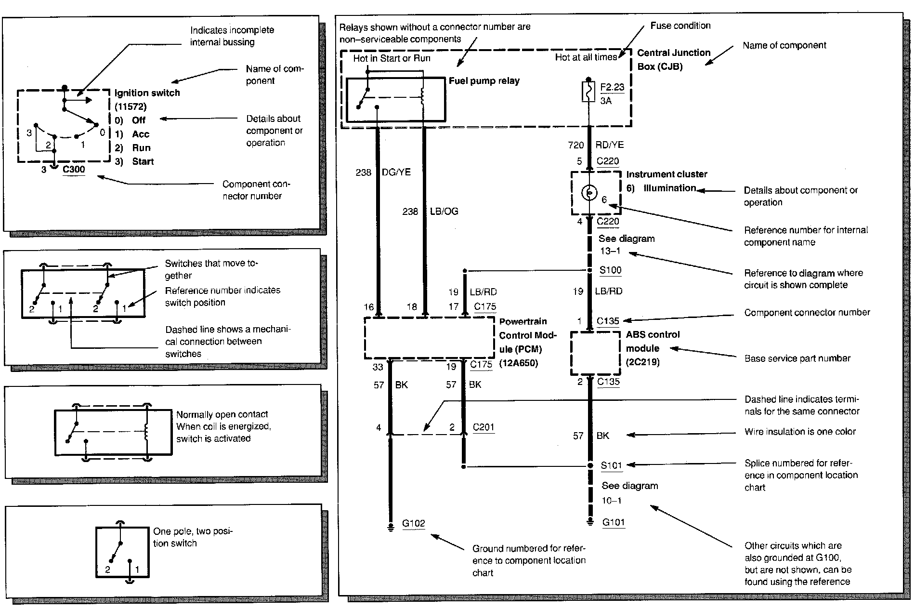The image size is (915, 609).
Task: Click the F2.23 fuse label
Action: pos(612,87)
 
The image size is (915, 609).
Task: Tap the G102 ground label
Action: pos(414,523)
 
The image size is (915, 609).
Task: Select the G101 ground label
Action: pos(614,522)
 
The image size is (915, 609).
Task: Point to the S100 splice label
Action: pos(610,270)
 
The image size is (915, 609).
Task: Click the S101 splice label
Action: pos(611,465)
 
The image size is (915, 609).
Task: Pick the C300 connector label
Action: pos(74,169)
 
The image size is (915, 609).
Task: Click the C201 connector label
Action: pos(483,427)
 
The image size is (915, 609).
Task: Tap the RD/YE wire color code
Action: pos(609,145)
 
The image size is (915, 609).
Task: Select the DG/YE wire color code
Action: pos(396,172)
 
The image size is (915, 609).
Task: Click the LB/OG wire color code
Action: pos(444,211)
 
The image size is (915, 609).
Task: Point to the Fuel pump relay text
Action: pos(484,81)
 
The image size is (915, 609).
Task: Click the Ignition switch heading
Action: pos(147,93)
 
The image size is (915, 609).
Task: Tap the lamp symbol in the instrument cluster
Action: pos(588,193)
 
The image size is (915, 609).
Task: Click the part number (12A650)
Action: pos(518,363)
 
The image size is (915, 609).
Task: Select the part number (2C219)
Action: pos(642,362)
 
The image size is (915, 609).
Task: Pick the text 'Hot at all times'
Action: pos(586,58)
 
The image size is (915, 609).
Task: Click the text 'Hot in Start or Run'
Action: pos(392,58)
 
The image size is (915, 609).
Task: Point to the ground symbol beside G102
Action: pos(391,527)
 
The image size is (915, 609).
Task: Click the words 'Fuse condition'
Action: pos(680,26)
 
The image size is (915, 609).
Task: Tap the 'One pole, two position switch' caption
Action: pos(192,537)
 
